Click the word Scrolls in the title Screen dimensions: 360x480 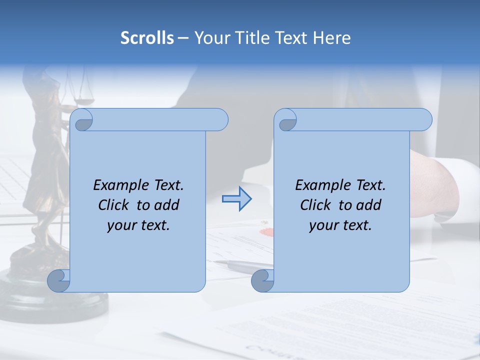pos(147,37)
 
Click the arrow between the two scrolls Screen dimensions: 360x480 pos(236,199)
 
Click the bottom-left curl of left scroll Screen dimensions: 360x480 pos(59,280)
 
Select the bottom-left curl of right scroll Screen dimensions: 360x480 pos(262,280)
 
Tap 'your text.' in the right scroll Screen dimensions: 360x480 pos(340,225)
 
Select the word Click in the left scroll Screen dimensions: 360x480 pos(113,205)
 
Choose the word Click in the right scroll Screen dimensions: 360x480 pos(315,205)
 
